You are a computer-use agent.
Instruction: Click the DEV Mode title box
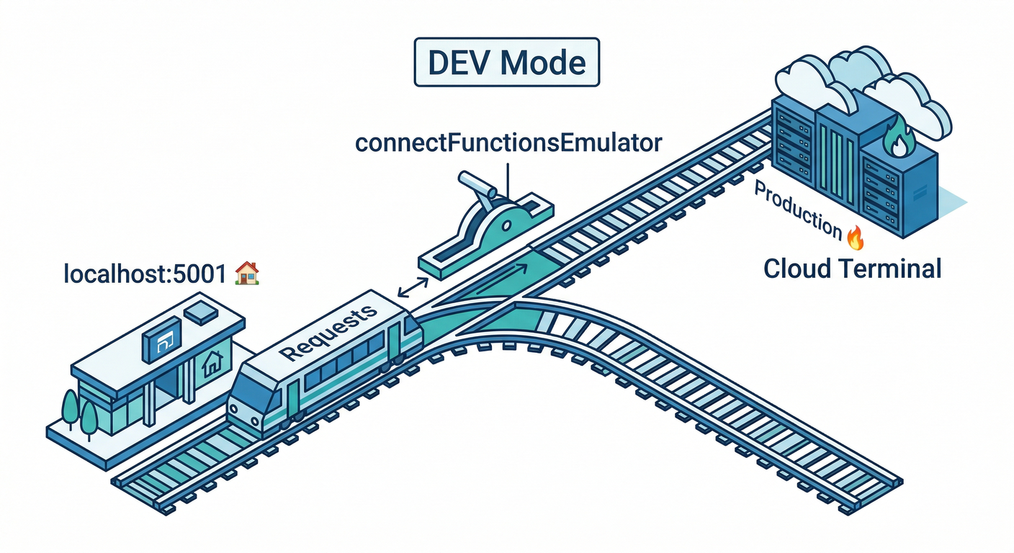(506, 63)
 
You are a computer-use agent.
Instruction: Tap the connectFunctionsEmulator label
(508, 142)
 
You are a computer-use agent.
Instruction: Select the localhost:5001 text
(147, 274)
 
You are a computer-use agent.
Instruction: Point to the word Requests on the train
(328, 332)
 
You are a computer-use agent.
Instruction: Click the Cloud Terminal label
(852, 269)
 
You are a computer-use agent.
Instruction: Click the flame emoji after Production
(855, 235)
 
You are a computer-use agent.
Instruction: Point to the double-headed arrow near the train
(411, 289)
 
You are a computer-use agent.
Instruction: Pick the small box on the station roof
(199, 311)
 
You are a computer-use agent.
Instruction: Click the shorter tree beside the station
(89, 417)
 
